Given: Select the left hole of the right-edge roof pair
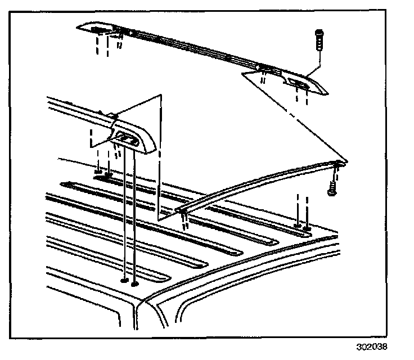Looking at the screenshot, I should tap(296, 226).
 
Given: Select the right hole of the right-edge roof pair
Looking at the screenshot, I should tap(307, 228).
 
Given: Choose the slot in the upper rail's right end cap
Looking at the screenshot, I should tap(298, 84).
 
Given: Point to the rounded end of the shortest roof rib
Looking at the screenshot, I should tap(169, 275).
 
